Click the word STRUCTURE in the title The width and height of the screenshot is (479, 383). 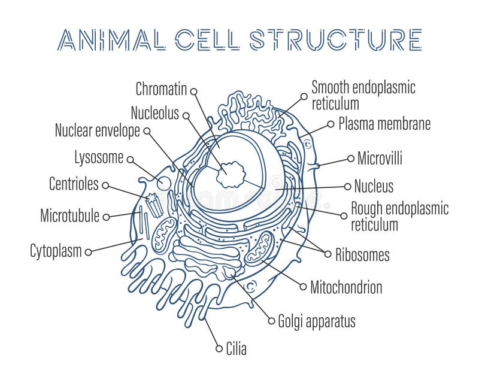tap(336, 39)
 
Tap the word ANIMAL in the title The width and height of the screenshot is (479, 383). tap(111, 39)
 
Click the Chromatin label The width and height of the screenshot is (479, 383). tap(161, 89)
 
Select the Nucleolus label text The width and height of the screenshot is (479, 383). tap(155, 113)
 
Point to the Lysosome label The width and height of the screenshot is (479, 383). tap(99, 157)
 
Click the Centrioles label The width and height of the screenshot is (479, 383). tap(74, 184)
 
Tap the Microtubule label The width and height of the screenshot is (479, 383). tap(70, 215)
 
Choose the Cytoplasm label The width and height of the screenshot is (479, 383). tap(56, 251)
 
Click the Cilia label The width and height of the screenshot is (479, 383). tap(236, 348)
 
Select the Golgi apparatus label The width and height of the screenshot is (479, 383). tap(317, 321)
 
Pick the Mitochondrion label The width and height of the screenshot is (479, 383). tap(347, 287)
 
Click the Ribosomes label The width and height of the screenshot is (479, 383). tap(363, 255)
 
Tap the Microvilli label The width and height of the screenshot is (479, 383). tap(380, 158)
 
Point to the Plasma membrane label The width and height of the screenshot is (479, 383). tap(384, 124)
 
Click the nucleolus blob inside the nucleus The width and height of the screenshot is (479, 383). tap(231, 175)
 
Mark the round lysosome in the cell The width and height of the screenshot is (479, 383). tap(163, 183)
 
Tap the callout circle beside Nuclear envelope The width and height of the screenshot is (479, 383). tap(147, 131)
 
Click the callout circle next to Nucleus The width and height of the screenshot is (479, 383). tap(347, 187)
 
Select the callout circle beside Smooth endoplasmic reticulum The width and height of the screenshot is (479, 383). tap(304, 96)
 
